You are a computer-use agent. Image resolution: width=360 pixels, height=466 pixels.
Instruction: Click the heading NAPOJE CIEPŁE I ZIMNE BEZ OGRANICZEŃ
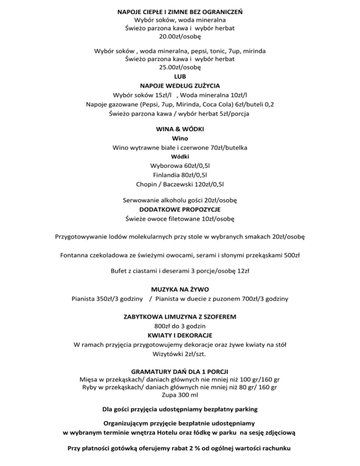pos(180,11)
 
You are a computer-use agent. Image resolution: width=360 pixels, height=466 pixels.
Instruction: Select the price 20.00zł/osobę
pos(180,37)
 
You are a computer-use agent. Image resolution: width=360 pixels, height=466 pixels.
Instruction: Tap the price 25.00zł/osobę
pos(180,67)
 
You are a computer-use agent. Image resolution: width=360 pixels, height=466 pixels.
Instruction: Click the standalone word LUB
pos(180,76)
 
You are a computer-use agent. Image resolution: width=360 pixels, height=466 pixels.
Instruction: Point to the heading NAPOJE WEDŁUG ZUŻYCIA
pos(180,85)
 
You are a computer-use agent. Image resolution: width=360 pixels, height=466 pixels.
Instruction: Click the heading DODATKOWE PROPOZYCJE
pos(180,209)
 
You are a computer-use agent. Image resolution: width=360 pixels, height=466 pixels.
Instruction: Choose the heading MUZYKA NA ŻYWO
pos(180,289)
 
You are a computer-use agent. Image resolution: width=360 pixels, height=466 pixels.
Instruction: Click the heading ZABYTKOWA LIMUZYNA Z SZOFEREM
pos(180,317)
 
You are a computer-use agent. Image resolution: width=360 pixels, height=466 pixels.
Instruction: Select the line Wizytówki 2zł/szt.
pos(180,354)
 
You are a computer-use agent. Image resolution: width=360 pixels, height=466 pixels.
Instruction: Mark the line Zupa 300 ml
pos(180,395)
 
